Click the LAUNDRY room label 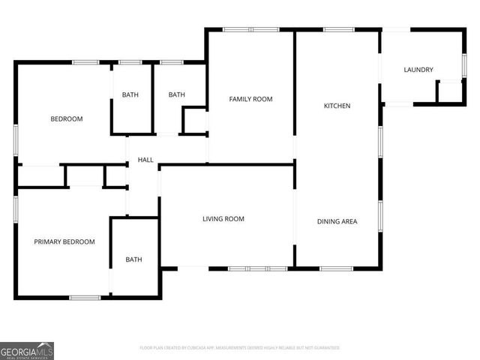tap(418, 70)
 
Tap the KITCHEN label tap(337, 106)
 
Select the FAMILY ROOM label tap(250, 99)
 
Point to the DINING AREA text tap(337, 221)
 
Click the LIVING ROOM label tap(223, 219)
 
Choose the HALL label tap(145, 160)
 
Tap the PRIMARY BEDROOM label tap(64, 241)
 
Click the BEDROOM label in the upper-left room tap(67, 118)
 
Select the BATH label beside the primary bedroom tap(133, 259)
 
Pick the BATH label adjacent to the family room tap(176, 94)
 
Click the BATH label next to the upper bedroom tap(130, 94)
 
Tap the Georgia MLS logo tap(27, 350)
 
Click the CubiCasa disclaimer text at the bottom tap(240, 348)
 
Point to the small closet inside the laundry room tap(448, 91)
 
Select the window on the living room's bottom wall tap(257, 268)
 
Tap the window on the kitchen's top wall tap(338, 29)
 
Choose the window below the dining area tap(336, 268)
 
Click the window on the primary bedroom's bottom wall tap(85, 298)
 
